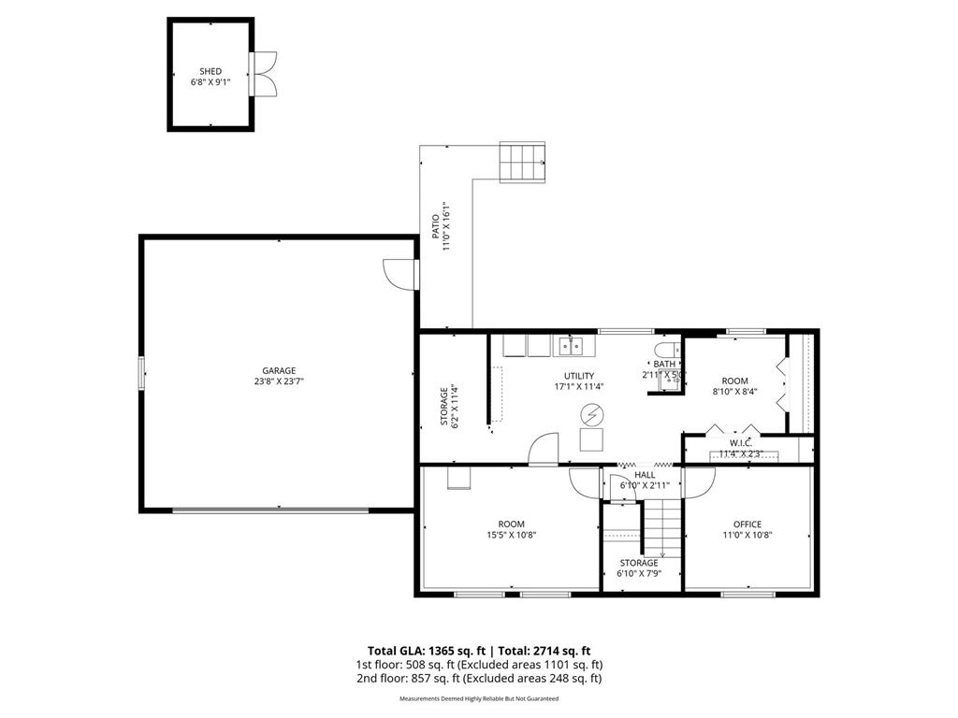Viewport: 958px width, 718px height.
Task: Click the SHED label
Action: click(210, 71)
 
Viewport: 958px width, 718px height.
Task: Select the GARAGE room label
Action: click(279, 370)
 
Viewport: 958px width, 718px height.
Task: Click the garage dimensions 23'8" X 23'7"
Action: click(279, 381)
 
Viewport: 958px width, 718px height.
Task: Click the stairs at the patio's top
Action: click(521, 163)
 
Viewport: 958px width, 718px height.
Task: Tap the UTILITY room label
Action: click(578, 376)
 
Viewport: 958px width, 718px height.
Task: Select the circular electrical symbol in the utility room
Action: click(591, 414)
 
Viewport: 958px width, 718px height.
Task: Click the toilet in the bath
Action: click(666, 350)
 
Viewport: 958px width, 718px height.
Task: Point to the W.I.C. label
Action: click(741, 442)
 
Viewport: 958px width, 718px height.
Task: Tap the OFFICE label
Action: click(748, 524)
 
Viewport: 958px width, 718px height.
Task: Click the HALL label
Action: click(645, 475)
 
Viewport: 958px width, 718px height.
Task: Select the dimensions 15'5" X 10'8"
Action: click(511, 536)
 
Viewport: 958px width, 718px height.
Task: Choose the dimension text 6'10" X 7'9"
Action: click(639, 574)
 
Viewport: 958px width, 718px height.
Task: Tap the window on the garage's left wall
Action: click(142, 372)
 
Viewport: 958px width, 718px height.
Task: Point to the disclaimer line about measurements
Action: click(479, 699)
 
